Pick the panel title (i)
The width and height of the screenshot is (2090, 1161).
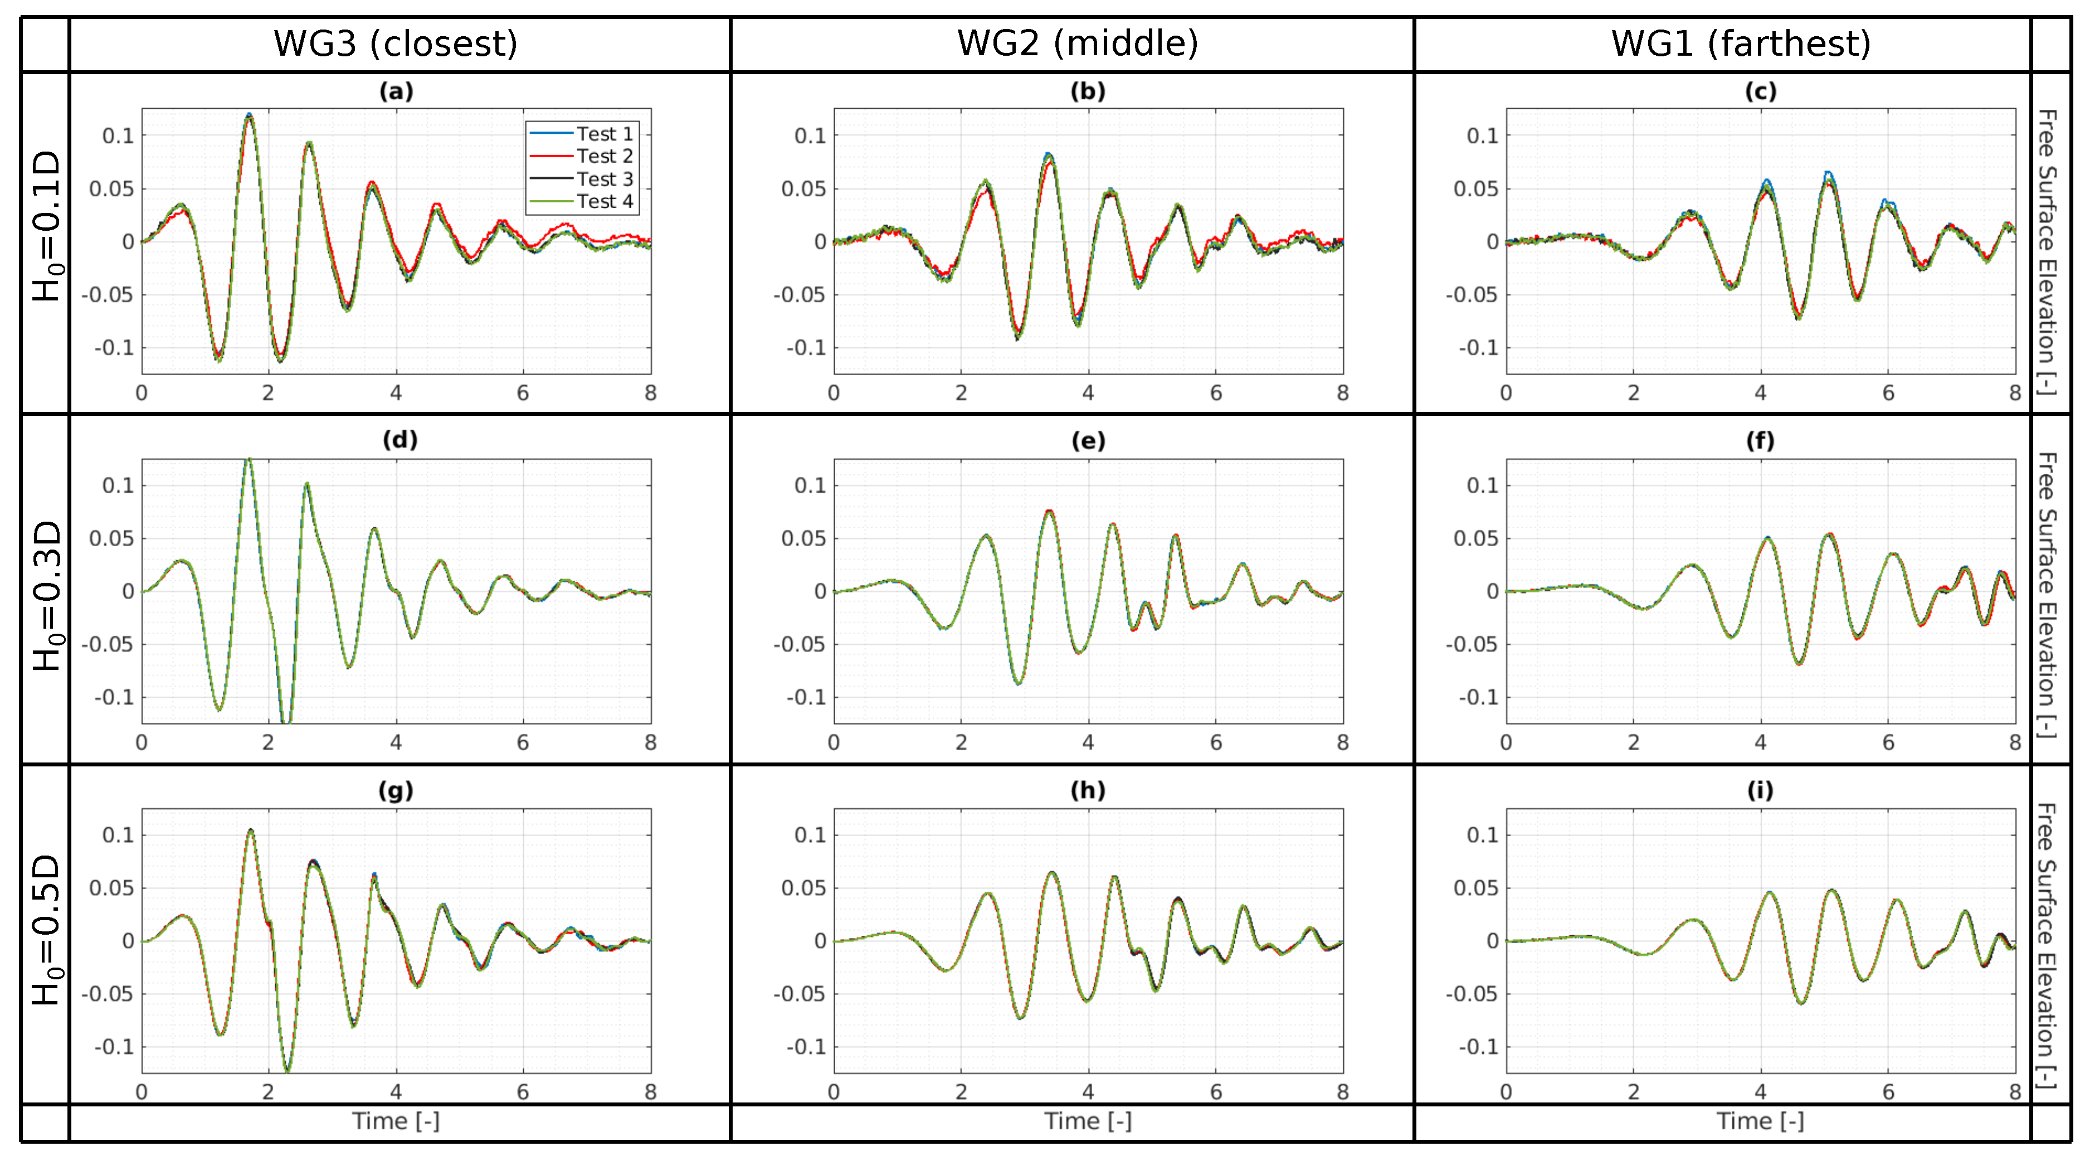pyautogui.click(x=1760, y=790)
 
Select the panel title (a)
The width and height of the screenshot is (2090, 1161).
pyautogui.click(x=396, y=91)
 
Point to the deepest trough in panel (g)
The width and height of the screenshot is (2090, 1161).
pyautogui.click(x=287, y=1070)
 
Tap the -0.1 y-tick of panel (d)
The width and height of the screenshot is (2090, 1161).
pyautogui.click(x=114, y=698)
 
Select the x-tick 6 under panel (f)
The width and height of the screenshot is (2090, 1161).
pyautogui.click(x=1888, y=742)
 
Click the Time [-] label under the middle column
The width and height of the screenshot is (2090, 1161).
pyautogui.click(x=1088, y=1121)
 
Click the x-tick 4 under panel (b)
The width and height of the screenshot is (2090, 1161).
pyautogui.click(x=1088, y=394)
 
